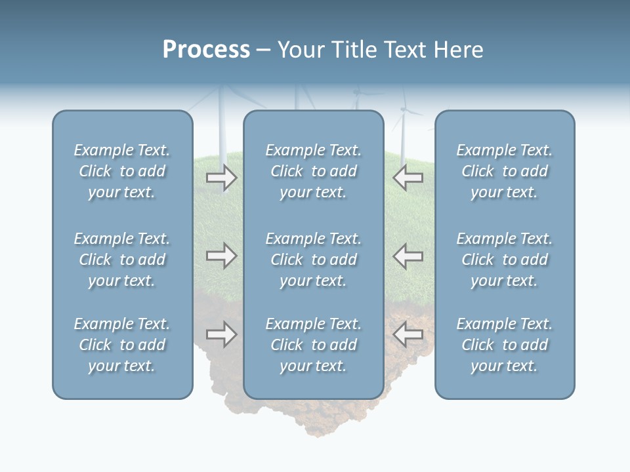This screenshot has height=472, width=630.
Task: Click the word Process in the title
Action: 206,50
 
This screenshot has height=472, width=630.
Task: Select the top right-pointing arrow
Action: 221,178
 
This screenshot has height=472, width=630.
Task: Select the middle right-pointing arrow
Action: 221,256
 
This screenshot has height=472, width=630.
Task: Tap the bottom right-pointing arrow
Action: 221,334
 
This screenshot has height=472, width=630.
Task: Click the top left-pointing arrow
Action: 408,178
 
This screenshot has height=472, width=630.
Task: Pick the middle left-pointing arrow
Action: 408,256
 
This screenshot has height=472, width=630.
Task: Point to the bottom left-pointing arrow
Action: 408,334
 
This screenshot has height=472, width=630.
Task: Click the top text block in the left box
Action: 122,171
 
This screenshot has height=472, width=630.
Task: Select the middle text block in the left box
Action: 122,260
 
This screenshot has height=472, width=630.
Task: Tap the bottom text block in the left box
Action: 122,345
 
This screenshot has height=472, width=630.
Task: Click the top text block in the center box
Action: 313,171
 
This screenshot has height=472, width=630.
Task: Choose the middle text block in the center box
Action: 313,260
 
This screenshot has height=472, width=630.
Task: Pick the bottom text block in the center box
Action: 313,345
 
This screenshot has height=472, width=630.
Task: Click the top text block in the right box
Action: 504,171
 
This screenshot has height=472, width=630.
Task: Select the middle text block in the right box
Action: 504,260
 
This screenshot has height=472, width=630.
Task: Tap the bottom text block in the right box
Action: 504,345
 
